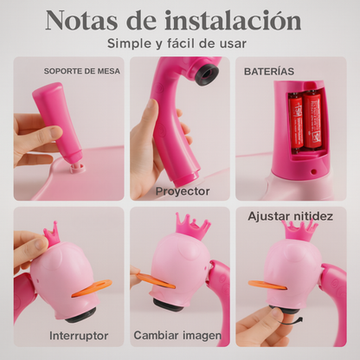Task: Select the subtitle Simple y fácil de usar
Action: pyautogui.click(x=177, y=43)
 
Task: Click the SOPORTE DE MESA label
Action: pyautogui.click(x=82, y=71)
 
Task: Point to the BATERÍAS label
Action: pyautogui.click(x=269, y=72)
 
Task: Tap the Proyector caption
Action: pyautogui.click(x=183, y=191)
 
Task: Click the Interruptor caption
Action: pyautogui.click(x=79, y=336)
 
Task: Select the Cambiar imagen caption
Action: pyautogui.click(x=177, y=336)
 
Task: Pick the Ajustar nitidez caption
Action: pyautogui.click(x=290, y=216)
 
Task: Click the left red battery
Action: pyautogui.click(x=296, y=123)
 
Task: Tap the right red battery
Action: pyautogui.click(x=314, y=121)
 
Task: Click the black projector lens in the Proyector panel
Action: pyautogui.click(x=207, y=74)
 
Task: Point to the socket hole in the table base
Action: pyautogui.click(x=78, y=168)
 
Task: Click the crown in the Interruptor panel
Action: pyautogui.click(x=51, y=235)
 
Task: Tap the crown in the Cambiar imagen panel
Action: pyautogui.click(x=193, y=227)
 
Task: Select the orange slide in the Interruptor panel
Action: pyautogui.click(x=91, y=288)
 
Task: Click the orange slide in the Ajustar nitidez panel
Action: pyautogui.click(x=267, y=285)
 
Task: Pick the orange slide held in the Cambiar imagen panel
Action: pyautogui.click(x=155, y=280)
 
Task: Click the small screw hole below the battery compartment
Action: pyautogui.click(x=314, y=172)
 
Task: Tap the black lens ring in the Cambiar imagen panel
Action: pyautogui.click(x=168, y=305)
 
